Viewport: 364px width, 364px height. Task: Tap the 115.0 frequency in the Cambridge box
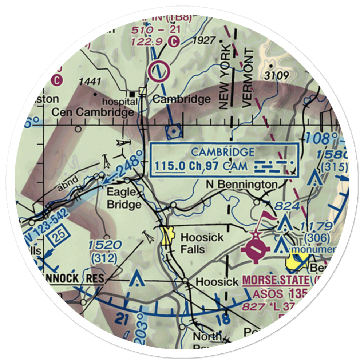pos(170,166)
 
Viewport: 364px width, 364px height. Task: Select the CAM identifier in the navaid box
pos(236,166)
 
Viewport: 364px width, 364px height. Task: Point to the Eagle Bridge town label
pos(124,198)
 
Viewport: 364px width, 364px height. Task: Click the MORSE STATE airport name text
pos(276,281)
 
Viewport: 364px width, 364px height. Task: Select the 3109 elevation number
pos(277,76)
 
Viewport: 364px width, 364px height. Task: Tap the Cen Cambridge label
pos(92,113)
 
